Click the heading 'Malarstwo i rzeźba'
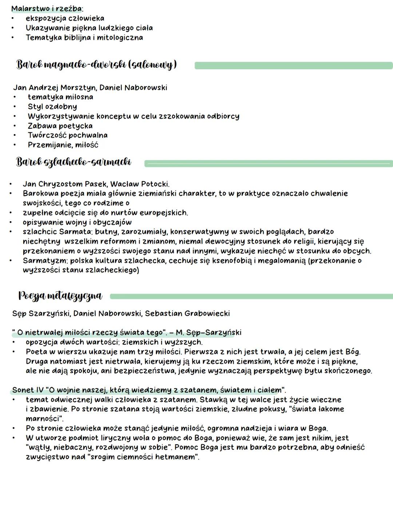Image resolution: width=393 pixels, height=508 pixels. coord(47,8)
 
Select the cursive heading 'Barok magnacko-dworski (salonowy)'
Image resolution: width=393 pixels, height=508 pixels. coord(96,65)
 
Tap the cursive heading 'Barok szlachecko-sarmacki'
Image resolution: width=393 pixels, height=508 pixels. coord(74,162)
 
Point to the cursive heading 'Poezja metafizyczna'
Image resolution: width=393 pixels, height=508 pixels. coord(60,296)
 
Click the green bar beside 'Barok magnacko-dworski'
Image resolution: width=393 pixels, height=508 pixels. coord(293,66)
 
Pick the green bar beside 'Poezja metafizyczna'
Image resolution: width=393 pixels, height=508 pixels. coord(251,297)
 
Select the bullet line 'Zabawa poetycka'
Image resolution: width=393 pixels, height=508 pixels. coord(60,126)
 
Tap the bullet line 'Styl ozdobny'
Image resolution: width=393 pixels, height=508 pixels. coord(52,106)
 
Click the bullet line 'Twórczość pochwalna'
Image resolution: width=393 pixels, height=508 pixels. coord(68,135)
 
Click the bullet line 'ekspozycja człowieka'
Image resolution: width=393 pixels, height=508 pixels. coord(65,18)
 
